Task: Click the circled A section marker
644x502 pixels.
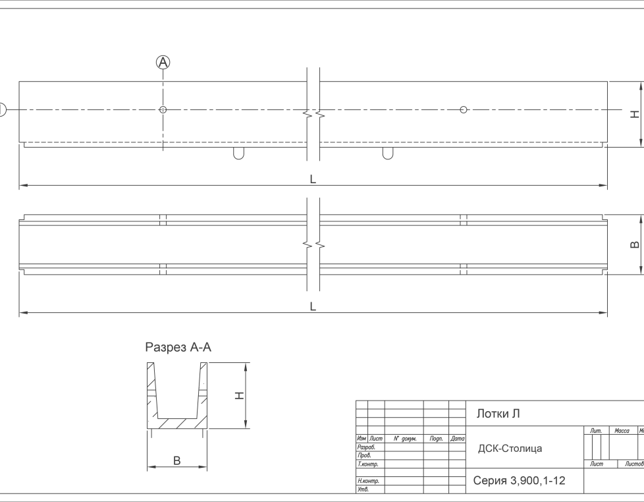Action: (163, 63)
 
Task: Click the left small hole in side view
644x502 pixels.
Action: (163, 109)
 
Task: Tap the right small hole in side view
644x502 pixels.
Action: (464, 109)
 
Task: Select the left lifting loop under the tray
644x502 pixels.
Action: (238, 153)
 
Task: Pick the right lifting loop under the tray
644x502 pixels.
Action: (387, 153)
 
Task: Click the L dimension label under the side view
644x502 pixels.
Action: (313, 179)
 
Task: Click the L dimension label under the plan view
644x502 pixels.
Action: (313, 306)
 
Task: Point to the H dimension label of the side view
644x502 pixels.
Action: (635, 114)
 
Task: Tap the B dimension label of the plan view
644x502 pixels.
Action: (635, 244)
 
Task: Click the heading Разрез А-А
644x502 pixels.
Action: (178, 347)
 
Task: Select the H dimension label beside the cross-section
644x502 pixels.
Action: (239, 395)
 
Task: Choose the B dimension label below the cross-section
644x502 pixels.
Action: (177, 460)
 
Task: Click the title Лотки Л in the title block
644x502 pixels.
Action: (498, 414)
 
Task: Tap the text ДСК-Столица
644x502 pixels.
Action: (510, 448)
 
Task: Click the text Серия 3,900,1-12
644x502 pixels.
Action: (519, 480)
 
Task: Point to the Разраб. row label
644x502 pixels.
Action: (366, 447)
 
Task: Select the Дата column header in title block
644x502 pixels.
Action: (457, 439)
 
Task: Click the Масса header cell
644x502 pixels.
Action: (622, 430)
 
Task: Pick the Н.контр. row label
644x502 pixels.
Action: (368, 481)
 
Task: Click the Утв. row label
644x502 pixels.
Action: (363, 489)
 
